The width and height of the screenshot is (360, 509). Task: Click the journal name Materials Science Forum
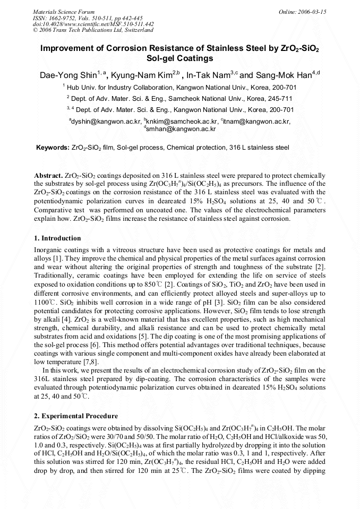pos(64,11)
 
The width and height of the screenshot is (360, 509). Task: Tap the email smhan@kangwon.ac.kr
pos(181,128)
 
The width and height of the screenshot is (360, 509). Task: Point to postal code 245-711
pos(281,98)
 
